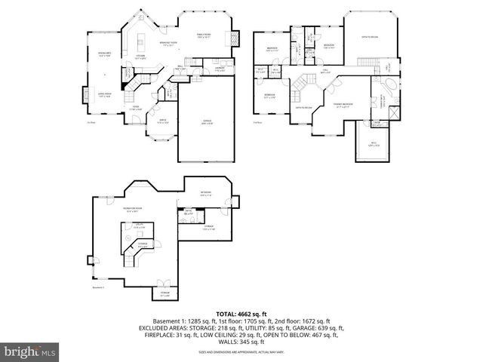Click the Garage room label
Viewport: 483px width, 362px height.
tap(205, 124)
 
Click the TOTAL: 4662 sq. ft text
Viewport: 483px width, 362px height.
tap(241, 313)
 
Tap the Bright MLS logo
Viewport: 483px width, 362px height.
tap(30, 351)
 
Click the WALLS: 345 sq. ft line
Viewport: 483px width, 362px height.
tap(241, 342)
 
